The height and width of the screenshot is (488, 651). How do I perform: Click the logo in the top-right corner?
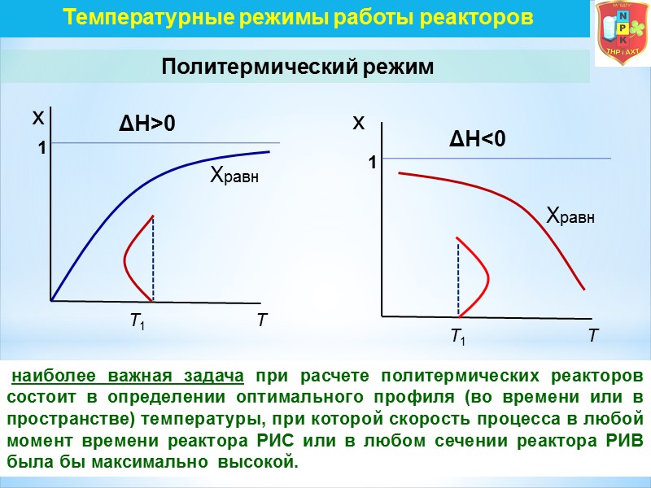622,33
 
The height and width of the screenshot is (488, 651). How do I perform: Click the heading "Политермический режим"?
298,67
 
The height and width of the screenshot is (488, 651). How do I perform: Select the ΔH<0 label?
478,140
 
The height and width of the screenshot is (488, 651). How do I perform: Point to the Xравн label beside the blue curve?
234,174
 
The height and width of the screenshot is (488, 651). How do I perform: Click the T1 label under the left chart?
138,321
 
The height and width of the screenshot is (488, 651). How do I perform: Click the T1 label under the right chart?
459,335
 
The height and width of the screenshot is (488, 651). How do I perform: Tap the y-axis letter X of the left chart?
37,119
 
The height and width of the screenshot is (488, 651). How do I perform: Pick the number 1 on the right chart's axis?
371,163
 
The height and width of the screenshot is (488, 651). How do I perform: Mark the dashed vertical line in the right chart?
458,277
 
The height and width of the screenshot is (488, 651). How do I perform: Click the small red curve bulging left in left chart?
128,259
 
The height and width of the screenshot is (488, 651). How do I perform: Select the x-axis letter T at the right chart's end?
593,335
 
